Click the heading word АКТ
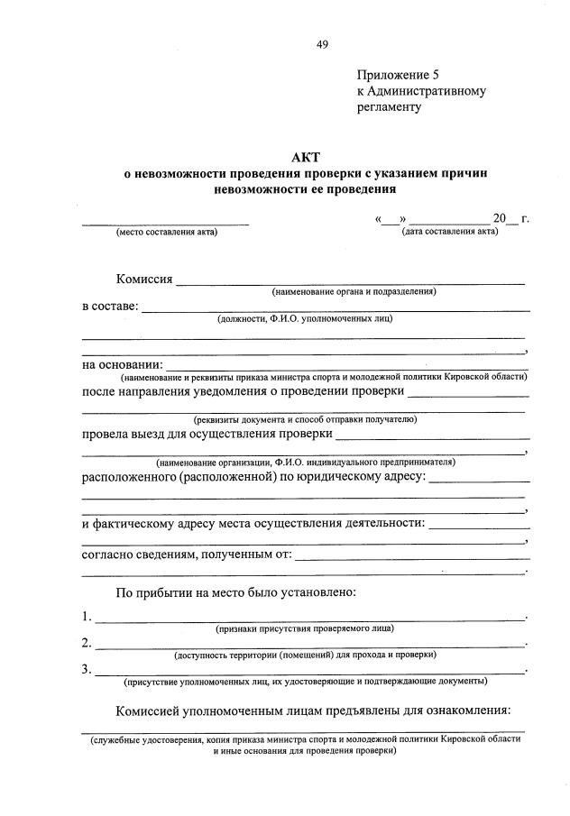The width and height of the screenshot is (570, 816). coord(306,158)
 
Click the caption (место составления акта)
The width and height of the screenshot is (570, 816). coord(167,233)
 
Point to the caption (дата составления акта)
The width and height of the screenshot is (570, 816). coord(450,232)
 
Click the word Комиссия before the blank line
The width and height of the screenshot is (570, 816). coord(144,278)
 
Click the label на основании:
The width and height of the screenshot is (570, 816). coord(122,364)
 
